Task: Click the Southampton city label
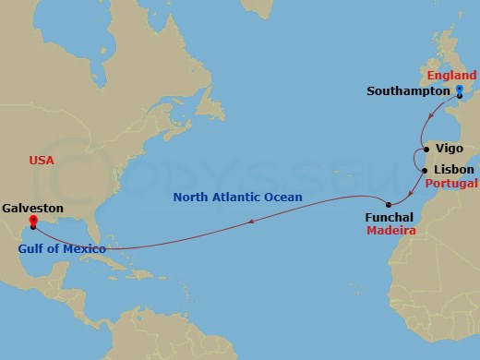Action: click(x=408, y=91)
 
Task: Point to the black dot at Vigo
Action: click(x=426, y=149)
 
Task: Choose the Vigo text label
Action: click(x=450, y=148)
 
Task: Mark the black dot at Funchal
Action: click(x=389, y=204)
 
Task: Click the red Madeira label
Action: click(x=391, y=233)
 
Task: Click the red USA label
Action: click(x=42, y=160)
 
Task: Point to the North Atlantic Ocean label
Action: click(x=238, y=197)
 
